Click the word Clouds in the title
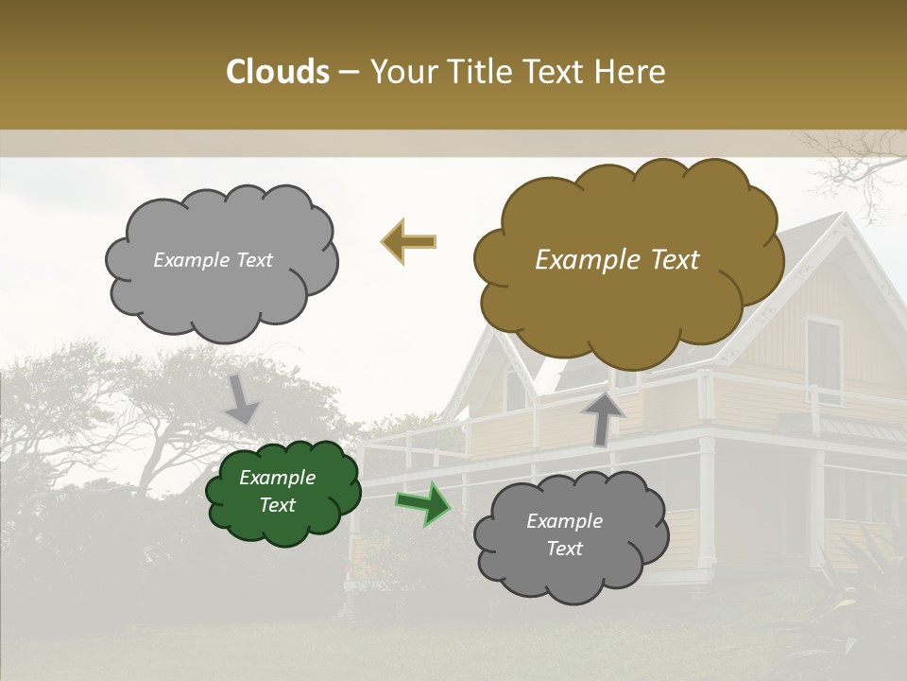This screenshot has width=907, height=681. (278, 72)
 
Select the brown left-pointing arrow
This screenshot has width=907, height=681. (408, 242)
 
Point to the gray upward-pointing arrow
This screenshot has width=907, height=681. (603, 417)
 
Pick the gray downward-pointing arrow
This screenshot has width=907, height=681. (242, 400)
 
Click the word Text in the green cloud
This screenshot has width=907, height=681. (278, 505)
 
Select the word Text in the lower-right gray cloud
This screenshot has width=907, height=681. (565, 549)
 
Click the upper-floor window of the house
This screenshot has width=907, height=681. (823, 359)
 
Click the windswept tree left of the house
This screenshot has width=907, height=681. (142, 407)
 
